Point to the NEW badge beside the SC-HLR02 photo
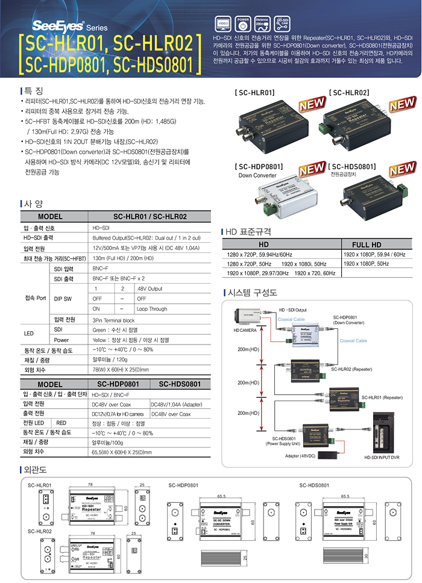pos(402,105)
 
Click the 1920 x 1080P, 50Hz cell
pos(367,264)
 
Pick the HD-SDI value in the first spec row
pos(101,228)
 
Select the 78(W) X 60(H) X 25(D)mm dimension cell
pos(121,370)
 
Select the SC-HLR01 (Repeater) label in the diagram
pos(382,397)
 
